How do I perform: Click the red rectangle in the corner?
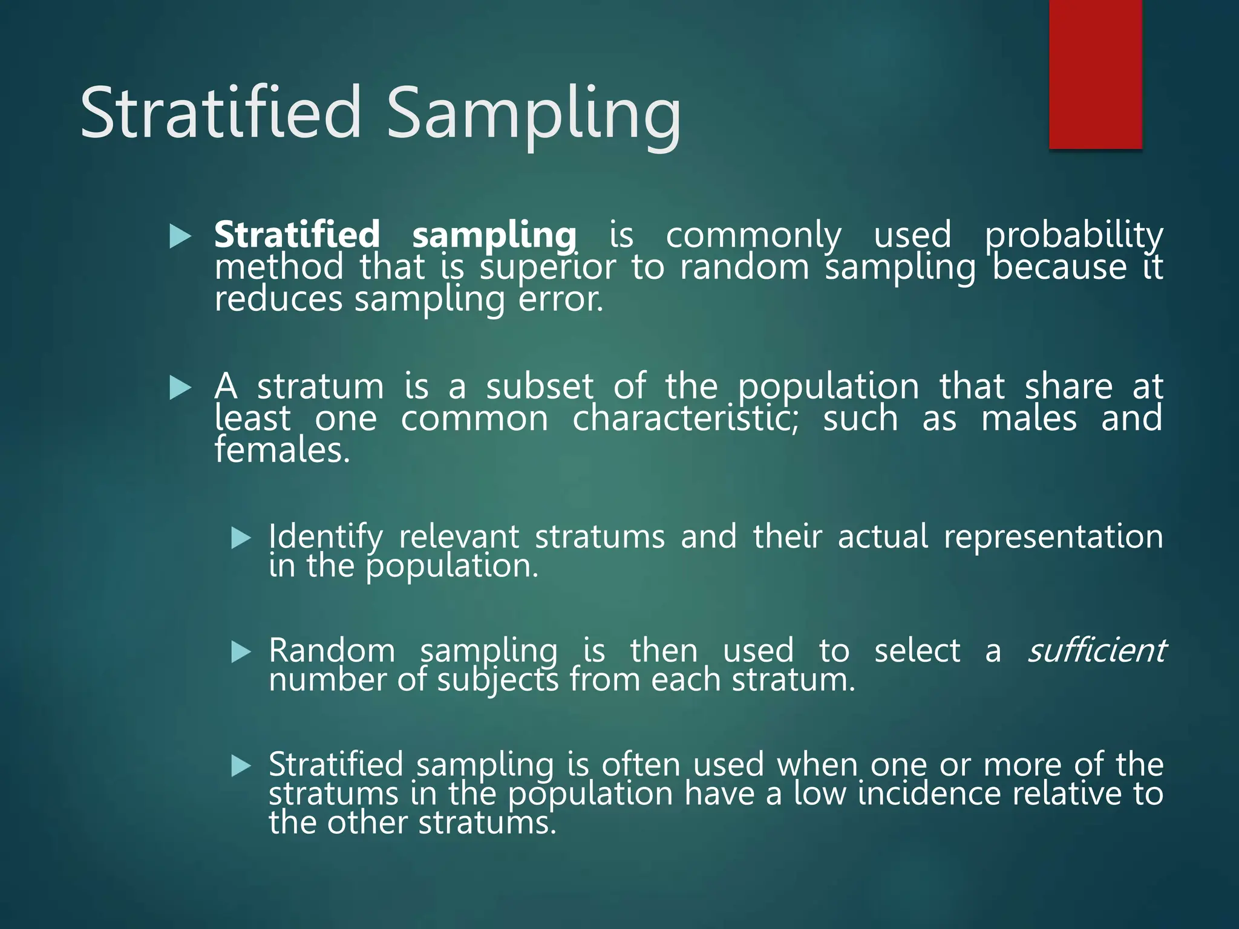1095,74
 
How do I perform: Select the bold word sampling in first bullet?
494,235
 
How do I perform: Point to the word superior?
548,267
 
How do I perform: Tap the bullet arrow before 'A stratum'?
180,387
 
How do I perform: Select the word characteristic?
685,419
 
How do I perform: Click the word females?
282,450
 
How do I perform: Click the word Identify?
325,537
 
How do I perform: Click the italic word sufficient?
1096,651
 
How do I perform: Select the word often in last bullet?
641,764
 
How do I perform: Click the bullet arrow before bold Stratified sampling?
180,236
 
